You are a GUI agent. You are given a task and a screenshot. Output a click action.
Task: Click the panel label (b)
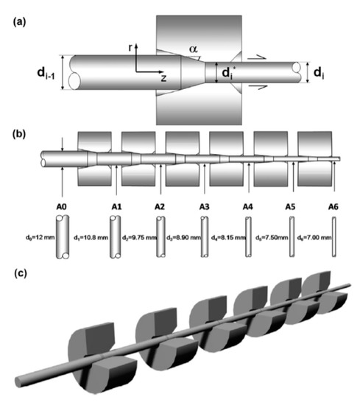tap(15, 135)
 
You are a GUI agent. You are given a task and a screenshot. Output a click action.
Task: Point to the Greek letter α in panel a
tap(194, 47)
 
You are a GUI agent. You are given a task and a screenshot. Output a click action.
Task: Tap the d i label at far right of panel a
tap(318, 73)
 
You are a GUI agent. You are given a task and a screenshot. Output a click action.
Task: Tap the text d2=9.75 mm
tap(135, 239)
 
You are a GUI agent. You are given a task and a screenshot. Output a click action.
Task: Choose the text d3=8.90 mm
tap(182, 239)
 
